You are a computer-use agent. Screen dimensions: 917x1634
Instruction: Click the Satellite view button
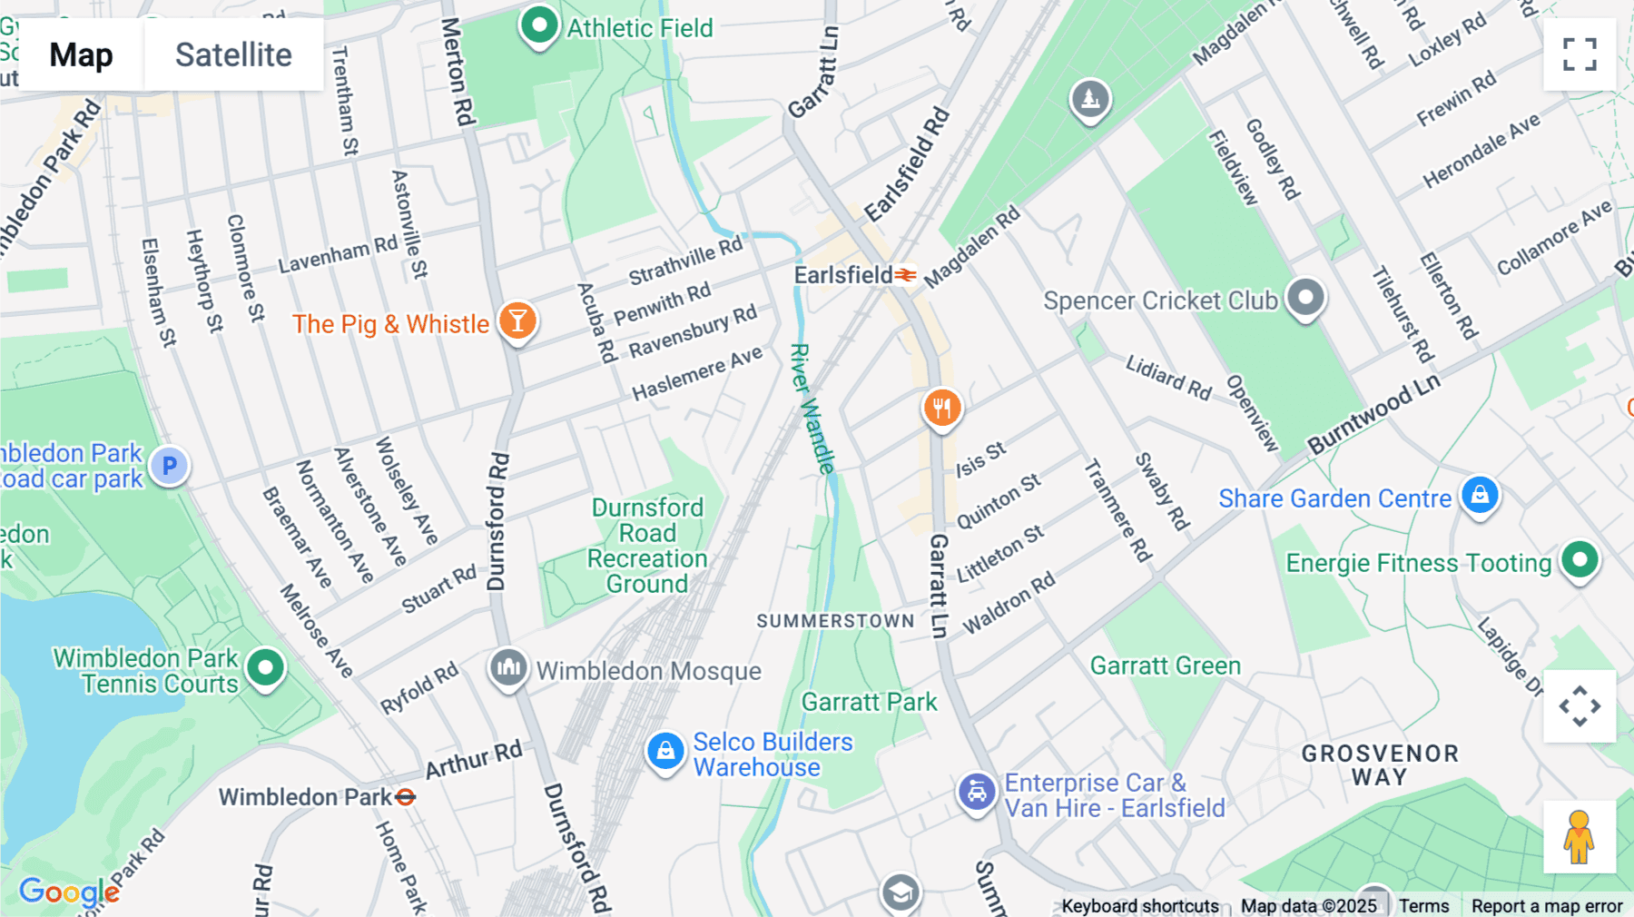(233, 54)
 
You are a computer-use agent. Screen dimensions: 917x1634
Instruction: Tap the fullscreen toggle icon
(1580, 54)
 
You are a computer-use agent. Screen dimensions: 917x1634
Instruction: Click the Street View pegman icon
(1580, 836)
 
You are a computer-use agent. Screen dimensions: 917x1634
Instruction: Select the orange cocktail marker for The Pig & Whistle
(517, 320)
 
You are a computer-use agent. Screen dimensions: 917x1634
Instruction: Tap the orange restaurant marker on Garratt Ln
(942, 409)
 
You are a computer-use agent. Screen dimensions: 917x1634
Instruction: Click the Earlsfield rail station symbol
(906, 274)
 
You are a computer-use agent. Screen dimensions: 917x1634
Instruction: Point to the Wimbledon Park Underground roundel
(406, 797)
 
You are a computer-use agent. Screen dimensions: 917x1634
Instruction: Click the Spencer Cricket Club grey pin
(1306, 298)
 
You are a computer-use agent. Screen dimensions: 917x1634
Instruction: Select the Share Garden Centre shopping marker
(1480, 496)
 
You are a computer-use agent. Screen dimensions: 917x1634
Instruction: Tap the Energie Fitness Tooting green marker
(1580, 560)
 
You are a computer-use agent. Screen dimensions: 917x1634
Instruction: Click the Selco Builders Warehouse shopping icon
(665, 752)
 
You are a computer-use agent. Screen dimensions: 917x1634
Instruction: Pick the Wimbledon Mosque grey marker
(508, 668)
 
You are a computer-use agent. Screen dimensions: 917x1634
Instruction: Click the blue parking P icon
(169, 467)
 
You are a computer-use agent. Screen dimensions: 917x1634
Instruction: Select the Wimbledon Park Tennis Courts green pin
(265, 668)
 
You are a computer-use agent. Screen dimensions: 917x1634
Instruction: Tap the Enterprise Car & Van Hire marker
(977, 793)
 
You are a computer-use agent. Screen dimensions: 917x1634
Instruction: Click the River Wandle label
(812, 409)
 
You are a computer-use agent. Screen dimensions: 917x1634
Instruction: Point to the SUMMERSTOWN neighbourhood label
(835, 621)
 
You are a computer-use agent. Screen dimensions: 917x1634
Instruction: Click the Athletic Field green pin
(539, 25)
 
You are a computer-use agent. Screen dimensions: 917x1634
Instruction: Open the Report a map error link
(1547, 906)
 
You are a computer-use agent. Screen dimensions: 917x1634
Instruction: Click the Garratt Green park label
(1165, 666)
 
